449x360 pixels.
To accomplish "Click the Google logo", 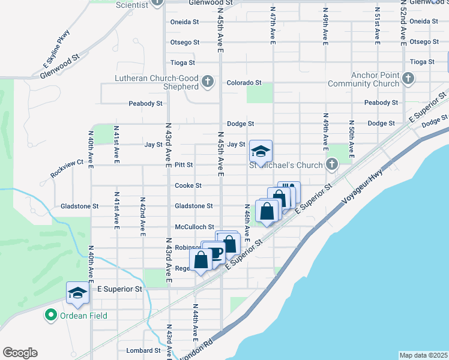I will pyautogui.click(x=20, y=352).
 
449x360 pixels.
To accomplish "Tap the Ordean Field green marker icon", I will pyautogui.click(x=50, y=315).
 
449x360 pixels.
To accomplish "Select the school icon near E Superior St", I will pyautogui.click(x=77, y=293).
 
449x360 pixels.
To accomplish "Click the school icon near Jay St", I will pyautogui.click(x=261, y=151).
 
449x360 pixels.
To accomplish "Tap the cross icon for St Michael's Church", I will pyautogui.click(x=332, y=164).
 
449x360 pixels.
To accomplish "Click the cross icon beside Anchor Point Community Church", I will pyautogui.click(x=408, y=78).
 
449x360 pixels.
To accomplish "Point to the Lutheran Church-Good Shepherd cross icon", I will pyautogui.click(x=208, y=81).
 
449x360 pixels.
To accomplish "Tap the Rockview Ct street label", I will pyautogui.click(x=67, y=170).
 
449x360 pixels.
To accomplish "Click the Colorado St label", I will pyautogui.click(x=244, y=82).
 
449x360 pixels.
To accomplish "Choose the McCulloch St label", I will pyautogui.click(x=194, y=227).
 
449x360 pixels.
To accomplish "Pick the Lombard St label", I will pyautogui.click(x=143, y=350).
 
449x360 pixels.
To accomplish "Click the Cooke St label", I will pyautogui.click(x=188, y=186).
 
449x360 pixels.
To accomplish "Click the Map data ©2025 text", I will pyautogui.click(x=423, y=355).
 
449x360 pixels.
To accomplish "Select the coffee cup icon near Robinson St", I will pyautogui.click(x=215, y=253).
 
